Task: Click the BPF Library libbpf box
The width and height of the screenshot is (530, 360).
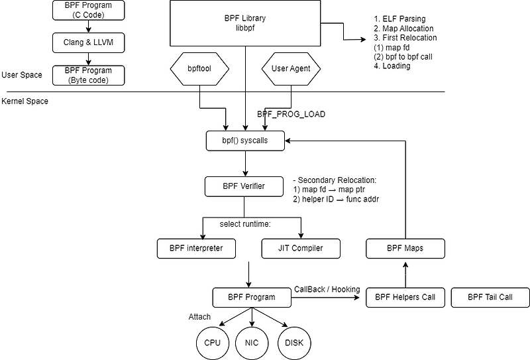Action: [245, 23]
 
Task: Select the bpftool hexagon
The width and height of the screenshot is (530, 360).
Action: [199, 68]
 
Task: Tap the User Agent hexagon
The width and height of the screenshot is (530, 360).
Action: [291, 68]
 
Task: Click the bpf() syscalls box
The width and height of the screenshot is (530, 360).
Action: [245, 140]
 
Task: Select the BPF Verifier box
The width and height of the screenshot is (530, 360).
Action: [245, 186]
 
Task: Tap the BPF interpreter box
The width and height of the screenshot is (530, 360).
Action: [196, 249]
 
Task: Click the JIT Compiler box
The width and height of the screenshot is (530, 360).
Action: [301, 249]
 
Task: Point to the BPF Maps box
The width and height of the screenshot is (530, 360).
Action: [405, 249]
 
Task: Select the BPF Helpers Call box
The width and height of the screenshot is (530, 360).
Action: [405, 298]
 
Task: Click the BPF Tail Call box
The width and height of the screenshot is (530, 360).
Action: [490, 298]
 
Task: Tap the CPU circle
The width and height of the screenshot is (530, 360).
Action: [212, 343]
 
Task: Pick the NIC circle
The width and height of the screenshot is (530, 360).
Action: [252, 343]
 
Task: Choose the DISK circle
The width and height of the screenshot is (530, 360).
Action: [294, 343]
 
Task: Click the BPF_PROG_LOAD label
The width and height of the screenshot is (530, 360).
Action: [291, 114]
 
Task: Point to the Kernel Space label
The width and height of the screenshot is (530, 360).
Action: [25, 101]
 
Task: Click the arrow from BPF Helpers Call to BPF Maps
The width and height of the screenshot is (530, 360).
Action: [405, 274]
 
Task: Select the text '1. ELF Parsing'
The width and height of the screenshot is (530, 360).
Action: [399, 19]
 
